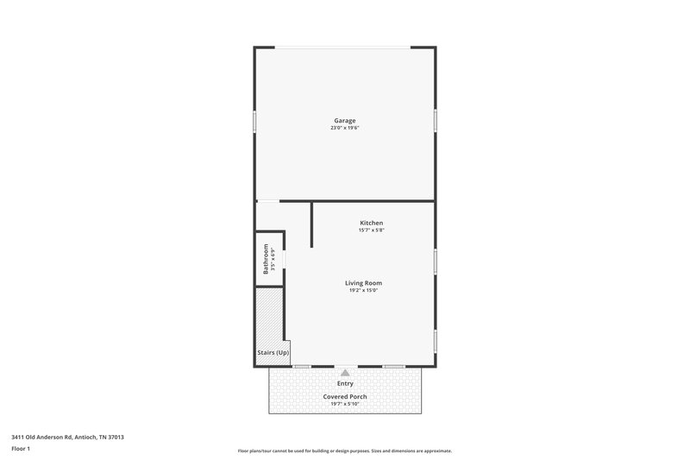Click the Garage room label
coord(345,120)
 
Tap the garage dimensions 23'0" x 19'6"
coord(345,128)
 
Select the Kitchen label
coord(371,223)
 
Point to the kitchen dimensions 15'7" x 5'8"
coord(371,230)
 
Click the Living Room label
coord(364,282)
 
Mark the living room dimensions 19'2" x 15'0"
coord(364,290)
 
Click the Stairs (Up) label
coord(273,353)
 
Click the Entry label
coord(345,383)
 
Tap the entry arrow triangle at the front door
coord(345,373)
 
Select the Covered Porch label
coord(345,396)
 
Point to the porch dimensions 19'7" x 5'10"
coord(345,404)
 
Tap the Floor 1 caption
coord(22,449)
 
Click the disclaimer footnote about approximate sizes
coord(344,451)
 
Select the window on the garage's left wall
coord(254,121)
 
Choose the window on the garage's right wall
coord(436,121)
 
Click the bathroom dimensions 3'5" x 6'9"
coord(273,260)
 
